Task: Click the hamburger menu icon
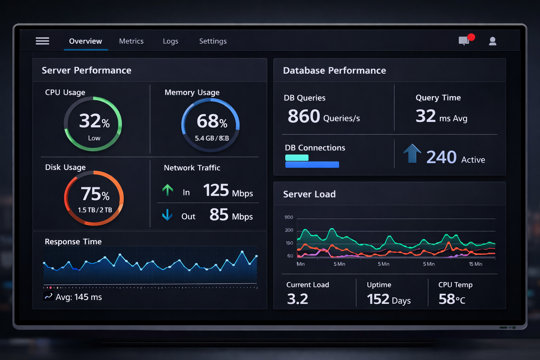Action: point(42,41)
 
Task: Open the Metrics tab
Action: point(131,41)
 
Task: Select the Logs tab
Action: point(171,41)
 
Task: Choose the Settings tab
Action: point(213,41)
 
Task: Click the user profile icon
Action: point(493,41)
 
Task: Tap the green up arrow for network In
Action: point(168,190)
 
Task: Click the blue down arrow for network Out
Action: point(167,214)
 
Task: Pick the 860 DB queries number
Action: point(304,116)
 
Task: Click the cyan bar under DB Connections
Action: point(297,158)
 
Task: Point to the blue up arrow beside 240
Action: point(412,154)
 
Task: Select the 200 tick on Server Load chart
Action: point(289,230)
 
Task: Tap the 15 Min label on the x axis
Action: point(475,264)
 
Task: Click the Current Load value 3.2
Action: point(297,299)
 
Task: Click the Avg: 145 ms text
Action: point(78,297)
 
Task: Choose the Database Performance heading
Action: point(334,71)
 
